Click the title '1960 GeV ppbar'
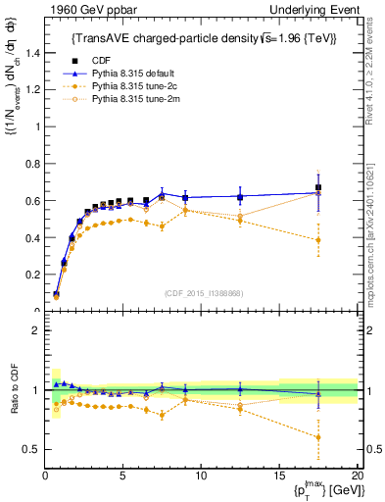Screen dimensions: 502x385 pos(82,9)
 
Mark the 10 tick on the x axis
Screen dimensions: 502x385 pos(201,475)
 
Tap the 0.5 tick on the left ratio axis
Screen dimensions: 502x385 pos(32,449)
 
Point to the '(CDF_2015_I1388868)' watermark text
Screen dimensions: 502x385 pos(201,293)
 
